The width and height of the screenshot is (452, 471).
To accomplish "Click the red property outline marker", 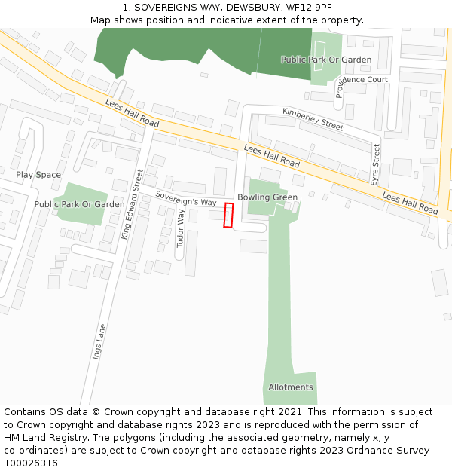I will point(228,215).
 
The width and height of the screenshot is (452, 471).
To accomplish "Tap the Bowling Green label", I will point(267,197).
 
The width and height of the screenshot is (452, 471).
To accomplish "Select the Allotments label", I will point(291,387).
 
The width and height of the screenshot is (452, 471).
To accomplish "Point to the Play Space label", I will point(38,175).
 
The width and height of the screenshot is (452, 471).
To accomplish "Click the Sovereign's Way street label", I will point(186,198).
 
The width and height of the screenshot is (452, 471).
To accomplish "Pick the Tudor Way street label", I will point(180,228).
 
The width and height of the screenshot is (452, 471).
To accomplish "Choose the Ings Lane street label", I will point(99,341).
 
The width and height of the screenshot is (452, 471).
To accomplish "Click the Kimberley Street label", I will point(313,118).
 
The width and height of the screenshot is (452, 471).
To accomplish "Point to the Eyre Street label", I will point(376,165).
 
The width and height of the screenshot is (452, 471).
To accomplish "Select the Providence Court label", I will point(362,79).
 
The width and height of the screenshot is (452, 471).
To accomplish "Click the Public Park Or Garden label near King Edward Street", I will point(79,204).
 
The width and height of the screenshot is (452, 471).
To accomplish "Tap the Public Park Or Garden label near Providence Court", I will point(326,60).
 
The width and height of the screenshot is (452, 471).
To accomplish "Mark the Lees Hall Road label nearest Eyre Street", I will point(410,203).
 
